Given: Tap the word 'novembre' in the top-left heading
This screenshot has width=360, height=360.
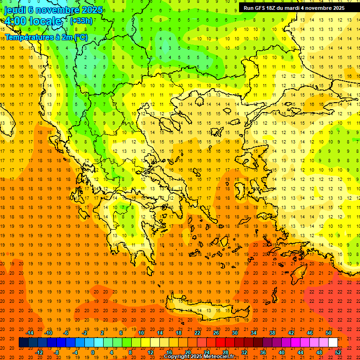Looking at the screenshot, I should coord(52,9).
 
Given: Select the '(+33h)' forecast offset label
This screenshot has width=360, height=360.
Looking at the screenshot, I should coord(81,21).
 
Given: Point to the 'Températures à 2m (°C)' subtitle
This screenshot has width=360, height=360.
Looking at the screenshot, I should coord(46,37).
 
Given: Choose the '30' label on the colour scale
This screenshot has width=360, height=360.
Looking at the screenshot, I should coord(234,333).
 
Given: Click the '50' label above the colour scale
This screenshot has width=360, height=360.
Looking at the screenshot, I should coord(328,333).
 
